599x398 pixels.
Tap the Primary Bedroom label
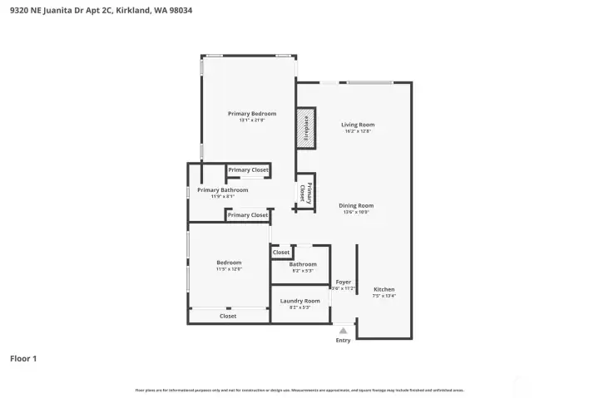click(x=252, y=114)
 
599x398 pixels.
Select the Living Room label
click(x=358, y=125)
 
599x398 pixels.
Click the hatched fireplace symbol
click(x=306, y=128)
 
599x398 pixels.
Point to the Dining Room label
click(x=356, y=205)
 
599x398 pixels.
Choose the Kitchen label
click(x=384, y=288)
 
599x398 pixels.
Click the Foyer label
click(x=343, y=282)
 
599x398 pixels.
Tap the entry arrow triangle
click(x=343, y=330)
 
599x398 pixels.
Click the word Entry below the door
click(x=343, y=340)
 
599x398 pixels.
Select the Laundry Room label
click(x=300, y=301)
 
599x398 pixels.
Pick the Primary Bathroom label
click(x=223, y=190)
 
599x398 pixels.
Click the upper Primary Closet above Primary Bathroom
click(x=248, y=170)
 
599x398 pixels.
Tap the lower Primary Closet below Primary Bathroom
click(x=248, y=215)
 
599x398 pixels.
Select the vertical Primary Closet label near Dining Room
click(x=305, y=193)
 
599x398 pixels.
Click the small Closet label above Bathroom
click(x=281, y=252)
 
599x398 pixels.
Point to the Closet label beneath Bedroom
click(x=228, y=316)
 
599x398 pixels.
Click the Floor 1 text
click(x=23, y=359)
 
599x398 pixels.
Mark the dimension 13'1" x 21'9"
click(x=252, y=120)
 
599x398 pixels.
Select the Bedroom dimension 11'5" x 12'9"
click(x=229, y=269)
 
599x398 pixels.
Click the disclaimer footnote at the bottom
click(x=299, y=390)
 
